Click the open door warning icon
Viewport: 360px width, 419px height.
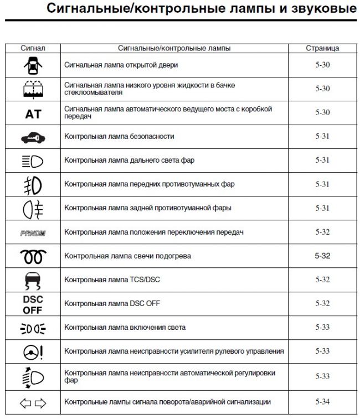pyautogui.click(x=33, y=65)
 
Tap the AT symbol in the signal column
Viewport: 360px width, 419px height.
pyautogui.click(x=33, y=113)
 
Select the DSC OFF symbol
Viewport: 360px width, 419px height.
pyautogui.click(x=33, y=304)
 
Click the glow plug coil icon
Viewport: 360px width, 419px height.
pyautogui.click(x=33, y=256)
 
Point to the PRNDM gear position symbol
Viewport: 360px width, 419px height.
pyautogui.click(x=33, y=233)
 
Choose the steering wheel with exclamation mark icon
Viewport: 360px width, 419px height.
pyautogui.click(x=33, y=351)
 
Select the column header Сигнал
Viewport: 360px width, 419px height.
pyautogui.click(x=33, y=48)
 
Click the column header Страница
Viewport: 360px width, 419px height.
pyautogui.click(x=322, y=48)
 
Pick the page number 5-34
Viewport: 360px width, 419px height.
pyautogui.click(x=322, y=401)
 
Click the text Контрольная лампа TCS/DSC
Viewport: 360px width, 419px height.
pyautogui.click(x=112, y=280)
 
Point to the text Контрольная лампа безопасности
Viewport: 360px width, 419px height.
pyautogui.click(x=119, y=136)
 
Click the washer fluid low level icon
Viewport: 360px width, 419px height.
pyautogui.click(x=33, y=89)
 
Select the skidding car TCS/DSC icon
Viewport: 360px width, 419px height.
pyautogui.click(x=33, y=280)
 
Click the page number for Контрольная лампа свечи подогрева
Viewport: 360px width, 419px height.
pyautogui.click(x=322, y=256)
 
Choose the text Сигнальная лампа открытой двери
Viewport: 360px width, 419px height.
pyautogui.click(x=121, y=65)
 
